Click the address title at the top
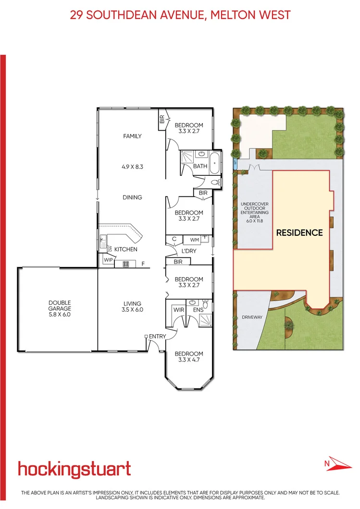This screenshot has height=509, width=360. [180, 15]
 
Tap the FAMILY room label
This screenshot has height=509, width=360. [132, 136]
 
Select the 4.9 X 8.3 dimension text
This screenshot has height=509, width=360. [132, 167]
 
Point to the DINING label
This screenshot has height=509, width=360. [132, 197]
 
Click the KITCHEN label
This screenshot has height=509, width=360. [126, 249]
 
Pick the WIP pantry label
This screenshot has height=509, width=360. [108, 260]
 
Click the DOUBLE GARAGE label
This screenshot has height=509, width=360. [60, 305]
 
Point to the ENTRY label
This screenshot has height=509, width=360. [157, 336]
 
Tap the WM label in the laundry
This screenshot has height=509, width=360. [194, 239]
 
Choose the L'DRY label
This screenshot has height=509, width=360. [188, 251]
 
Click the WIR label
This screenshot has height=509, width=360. [178, 310]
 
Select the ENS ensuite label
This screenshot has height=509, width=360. [198, 310]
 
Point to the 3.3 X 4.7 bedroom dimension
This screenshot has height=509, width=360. [188, 361]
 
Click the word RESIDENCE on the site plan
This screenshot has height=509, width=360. [299, 232]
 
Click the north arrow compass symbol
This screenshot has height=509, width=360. [335, 464]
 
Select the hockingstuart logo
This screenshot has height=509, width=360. [74, 469]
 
